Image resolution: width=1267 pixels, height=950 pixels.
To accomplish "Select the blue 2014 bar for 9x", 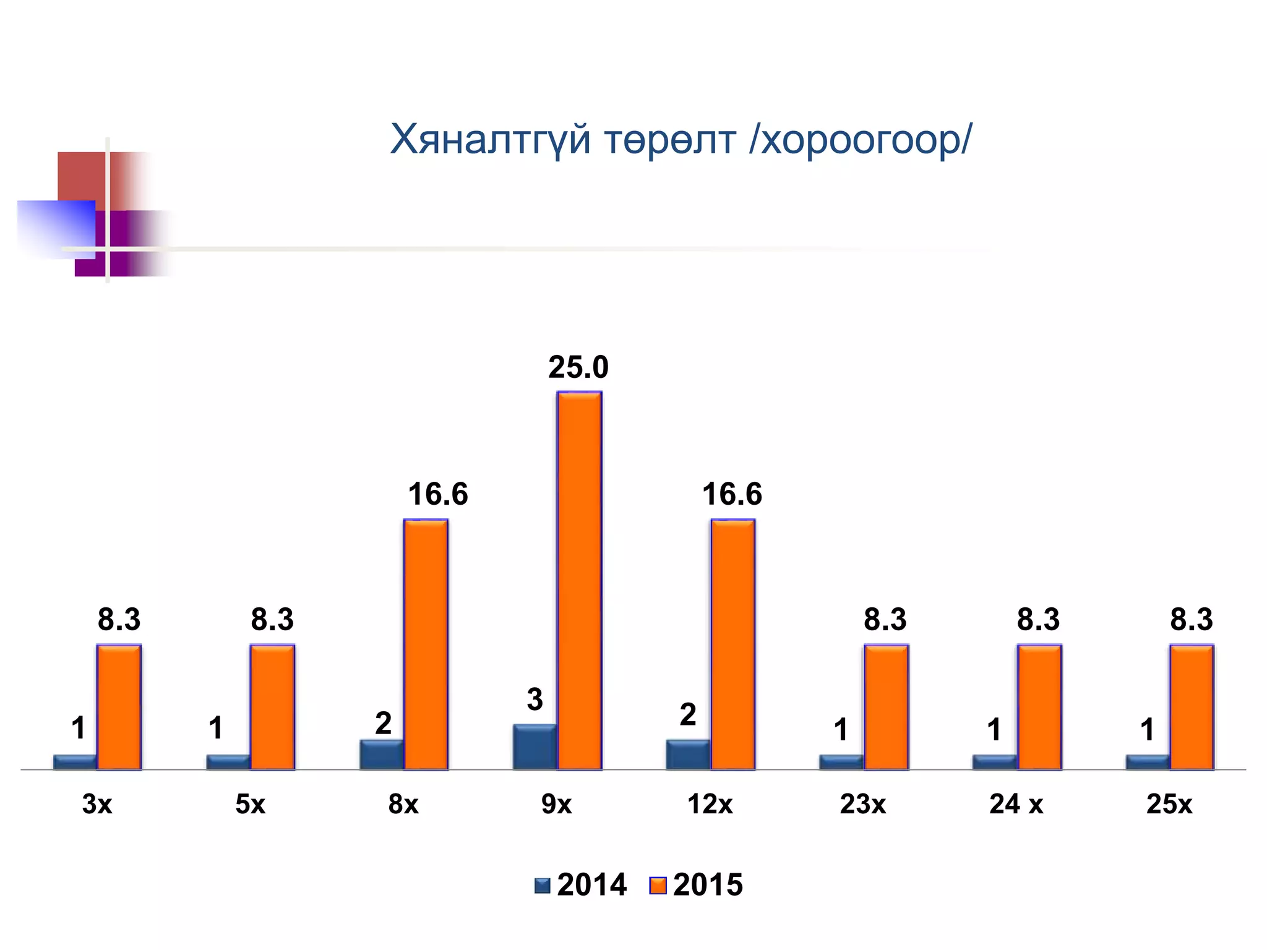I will pos(535,747).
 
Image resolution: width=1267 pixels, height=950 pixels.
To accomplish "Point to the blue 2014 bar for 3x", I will pos(75,762).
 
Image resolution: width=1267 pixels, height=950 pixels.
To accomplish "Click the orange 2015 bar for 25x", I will pos(1192,707).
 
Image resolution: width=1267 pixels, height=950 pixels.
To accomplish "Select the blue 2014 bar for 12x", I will pos(688,755).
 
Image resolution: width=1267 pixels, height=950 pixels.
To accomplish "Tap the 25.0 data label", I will pos(578,367).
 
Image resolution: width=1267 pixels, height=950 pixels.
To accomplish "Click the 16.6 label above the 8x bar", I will pos(438,494).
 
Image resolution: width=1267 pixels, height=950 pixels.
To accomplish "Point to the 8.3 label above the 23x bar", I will pos(885,619).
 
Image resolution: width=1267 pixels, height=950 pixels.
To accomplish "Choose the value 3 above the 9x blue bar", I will pos(535,700).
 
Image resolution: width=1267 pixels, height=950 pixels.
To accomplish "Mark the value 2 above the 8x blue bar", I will pos(383,723).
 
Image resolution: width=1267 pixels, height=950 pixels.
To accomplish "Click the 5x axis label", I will pos(250,804).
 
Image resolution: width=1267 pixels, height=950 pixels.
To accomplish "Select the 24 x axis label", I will pos(1016,804).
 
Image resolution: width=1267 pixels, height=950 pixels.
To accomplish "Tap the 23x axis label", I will pos(862,804).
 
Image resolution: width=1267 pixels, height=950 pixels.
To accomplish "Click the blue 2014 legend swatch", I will pos(543,886).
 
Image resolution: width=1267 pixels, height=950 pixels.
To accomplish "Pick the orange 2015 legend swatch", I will pos(658,886).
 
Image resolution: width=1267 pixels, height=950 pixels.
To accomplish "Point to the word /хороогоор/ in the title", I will pos(861,140).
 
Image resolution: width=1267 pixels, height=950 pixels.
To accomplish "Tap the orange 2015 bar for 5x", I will pos(272,707).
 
